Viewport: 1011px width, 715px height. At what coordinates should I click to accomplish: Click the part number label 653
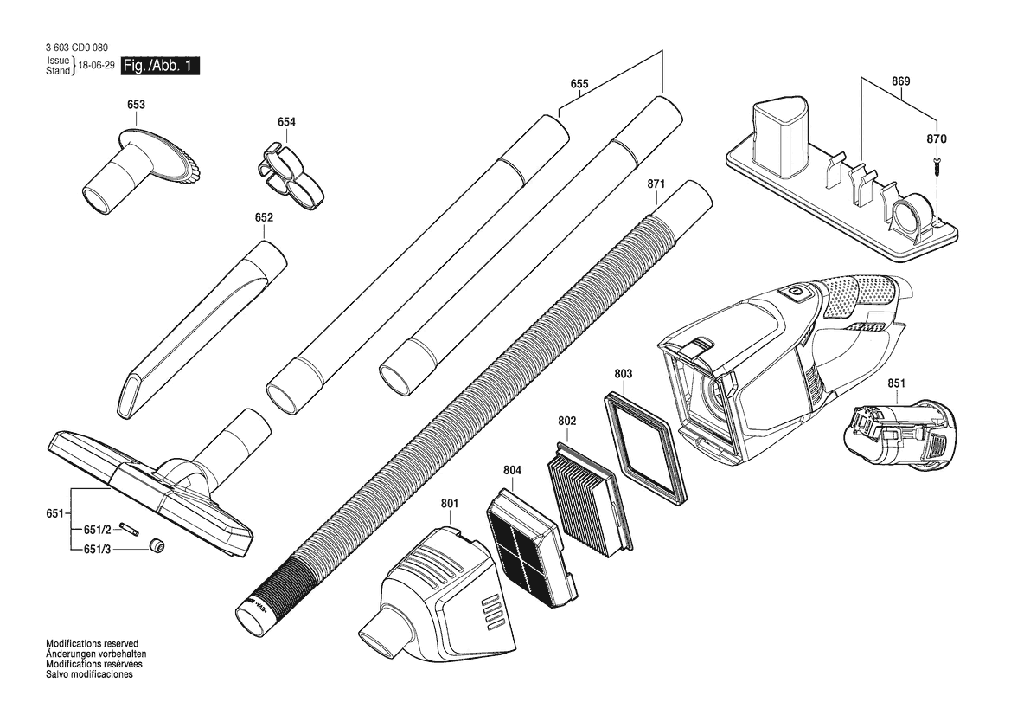tap(136, 105)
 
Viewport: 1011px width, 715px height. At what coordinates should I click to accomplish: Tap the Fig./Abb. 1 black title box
tap(160, 66)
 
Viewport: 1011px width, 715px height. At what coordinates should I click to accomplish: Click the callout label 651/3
tap(98, 549)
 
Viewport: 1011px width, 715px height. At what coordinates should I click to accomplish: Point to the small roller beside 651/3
tap(156, 546)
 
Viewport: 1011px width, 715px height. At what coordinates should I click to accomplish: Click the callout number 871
tap(656, 184)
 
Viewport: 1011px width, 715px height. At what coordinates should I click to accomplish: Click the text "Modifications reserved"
tap(93, 643)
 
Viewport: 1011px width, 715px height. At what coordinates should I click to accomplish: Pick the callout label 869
tap(901, 81)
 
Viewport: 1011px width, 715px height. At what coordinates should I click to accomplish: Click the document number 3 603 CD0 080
tap(77, 47)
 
